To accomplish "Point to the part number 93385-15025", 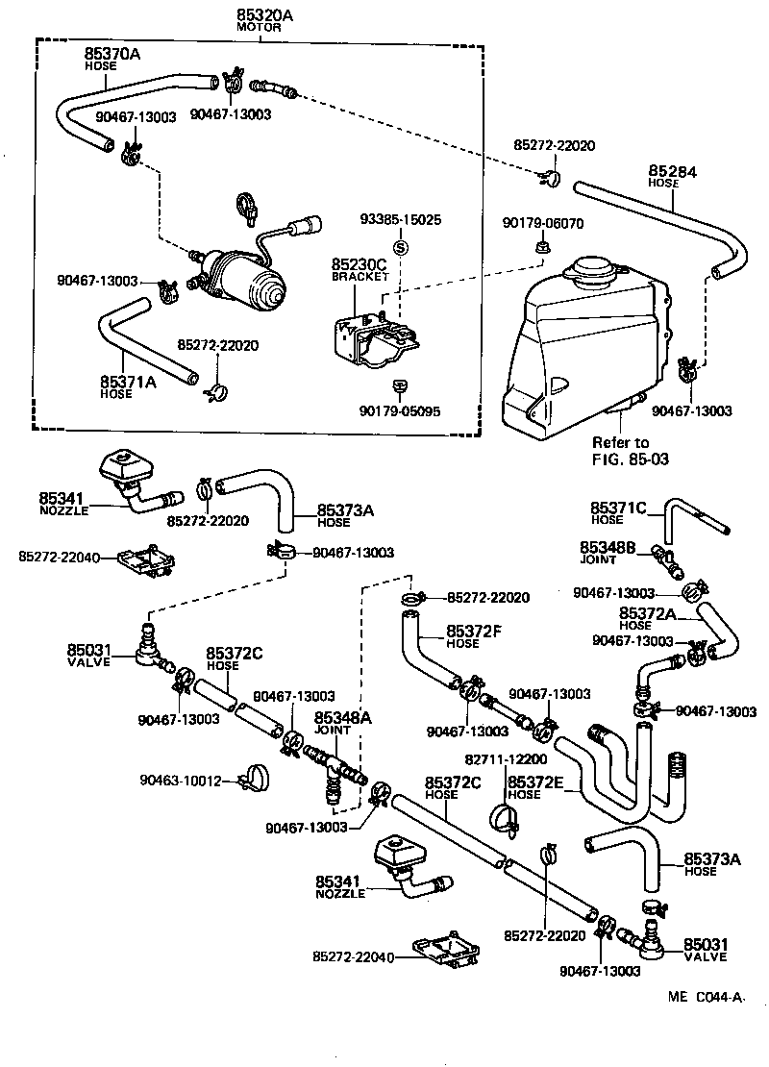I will click(x=401, y=220).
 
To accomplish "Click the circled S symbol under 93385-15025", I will click(x=401, y=246).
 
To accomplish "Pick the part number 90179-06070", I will click(x=542, y=223).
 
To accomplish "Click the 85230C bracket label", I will click(x=360, y=264).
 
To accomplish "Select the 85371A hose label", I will click(x=127, y=383).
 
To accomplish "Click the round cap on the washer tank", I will click(x=595, y=271).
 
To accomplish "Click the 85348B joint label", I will click(x=608, y=546).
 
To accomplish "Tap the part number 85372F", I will click(x=474, y=632).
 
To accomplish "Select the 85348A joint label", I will click(x=333, y=716).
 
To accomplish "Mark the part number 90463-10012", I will click(x=180, y=780).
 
